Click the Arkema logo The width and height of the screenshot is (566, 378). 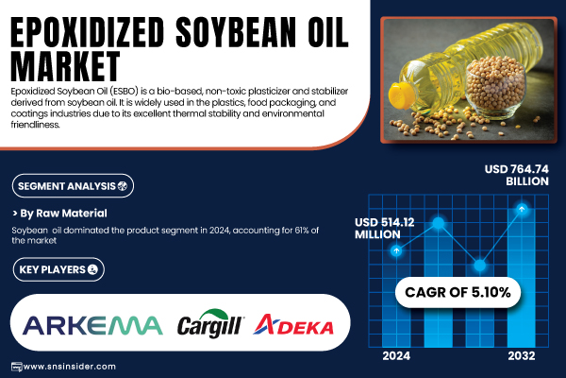pyautogui.click(x=92, y=325)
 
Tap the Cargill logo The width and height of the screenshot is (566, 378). pyautogui.click(x=210, y=323)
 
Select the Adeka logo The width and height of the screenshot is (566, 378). pyautogui.click(x=293, y=324)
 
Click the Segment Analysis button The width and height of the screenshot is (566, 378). pyautogui.click(x=73, y=186)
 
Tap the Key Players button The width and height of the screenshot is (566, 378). pyautogui.click(x=58, y=269)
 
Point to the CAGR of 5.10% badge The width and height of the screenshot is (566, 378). pyautogui.click(x=458, y=292)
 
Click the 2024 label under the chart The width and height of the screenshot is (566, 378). pyautogui.click(x=396, y=356)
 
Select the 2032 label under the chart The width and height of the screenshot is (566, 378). pyautogui.click(x=522, y=356)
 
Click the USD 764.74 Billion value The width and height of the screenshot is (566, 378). pyautogui.click(x=517, y=175)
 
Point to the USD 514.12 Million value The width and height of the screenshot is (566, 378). pyautogui.click(x=385, y=229)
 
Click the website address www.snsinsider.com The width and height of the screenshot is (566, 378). pyautogui.click(x=69, y=367)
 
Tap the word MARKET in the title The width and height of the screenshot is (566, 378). pyautogui.click(x=65, y=66)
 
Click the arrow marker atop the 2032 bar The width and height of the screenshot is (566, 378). pyautogui.click(x=522, y=209)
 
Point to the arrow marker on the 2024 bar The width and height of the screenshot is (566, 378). pyautogui.click(x=396, y=250)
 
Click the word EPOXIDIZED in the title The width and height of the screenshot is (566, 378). pyautogui.click(x=88, y=32)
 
